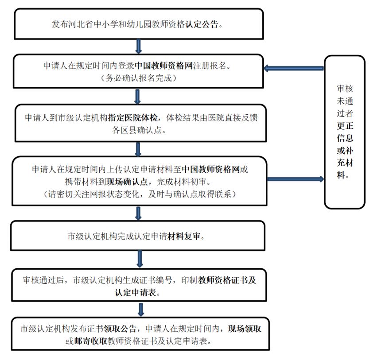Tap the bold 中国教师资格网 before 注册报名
[164, 66]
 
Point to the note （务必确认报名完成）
[138, 79]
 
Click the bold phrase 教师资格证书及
[227, 280]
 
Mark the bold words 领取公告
[122, 329]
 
